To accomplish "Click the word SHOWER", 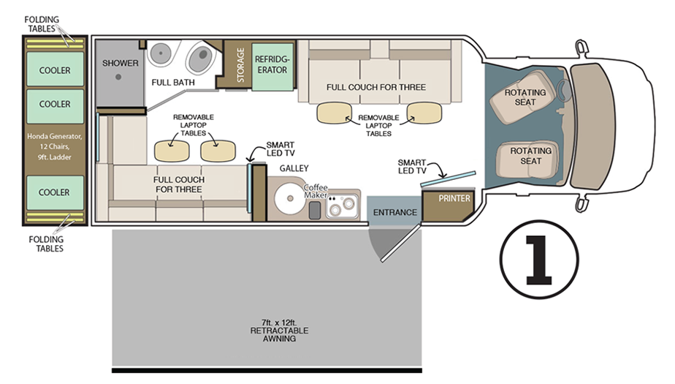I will tap(121, 64).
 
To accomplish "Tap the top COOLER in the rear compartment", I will tap(55, 71).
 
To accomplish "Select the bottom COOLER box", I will tap(55, 192).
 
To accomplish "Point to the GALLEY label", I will tap(294, 168).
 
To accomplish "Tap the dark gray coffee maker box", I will tap(315, 211).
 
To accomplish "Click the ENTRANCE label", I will tap(394, 213).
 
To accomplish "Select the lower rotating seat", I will tap(530, 156).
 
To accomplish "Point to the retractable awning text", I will tap(267, 330).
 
